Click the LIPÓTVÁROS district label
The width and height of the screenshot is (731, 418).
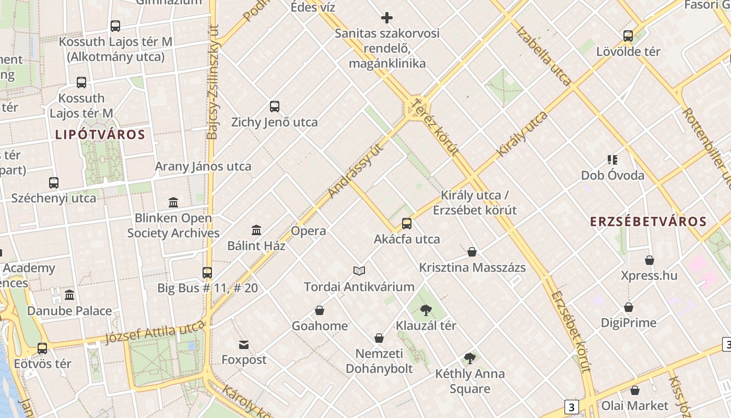coord(100,135)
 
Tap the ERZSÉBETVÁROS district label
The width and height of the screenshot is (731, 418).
coord(648,222)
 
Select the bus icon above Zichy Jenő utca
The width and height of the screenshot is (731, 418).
coord(275,107)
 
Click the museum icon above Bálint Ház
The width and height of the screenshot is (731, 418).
coord(256,230)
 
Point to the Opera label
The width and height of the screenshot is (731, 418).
coord(308,231)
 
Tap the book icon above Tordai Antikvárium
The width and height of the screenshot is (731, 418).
coord(359,271)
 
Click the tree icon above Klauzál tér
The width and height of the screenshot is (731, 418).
coord(426,310)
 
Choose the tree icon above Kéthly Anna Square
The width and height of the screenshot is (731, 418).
coord(470,358)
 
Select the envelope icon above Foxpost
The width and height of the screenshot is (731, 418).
coord(244,344)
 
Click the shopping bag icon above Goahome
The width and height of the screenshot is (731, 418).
coord(320,310)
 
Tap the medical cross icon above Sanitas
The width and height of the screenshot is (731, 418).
coord(387,18)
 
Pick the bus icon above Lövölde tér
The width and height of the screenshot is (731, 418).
coord(628,36)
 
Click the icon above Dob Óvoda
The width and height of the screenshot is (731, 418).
coord(612,160)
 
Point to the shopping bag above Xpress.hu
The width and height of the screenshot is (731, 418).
coord(650,260)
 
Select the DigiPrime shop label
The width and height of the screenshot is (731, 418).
coord(629,323)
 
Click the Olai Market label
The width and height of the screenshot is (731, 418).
coord(635,405)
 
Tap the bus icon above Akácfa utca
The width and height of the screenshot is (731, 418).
coord(407,224)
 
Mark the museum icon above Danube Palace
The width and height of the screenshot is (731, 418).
coord(69,295)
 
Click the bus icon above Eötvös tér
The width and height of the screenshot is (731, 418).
coord(42,348)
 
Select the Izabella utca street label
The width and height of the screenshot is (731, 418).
coord(544,55)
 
